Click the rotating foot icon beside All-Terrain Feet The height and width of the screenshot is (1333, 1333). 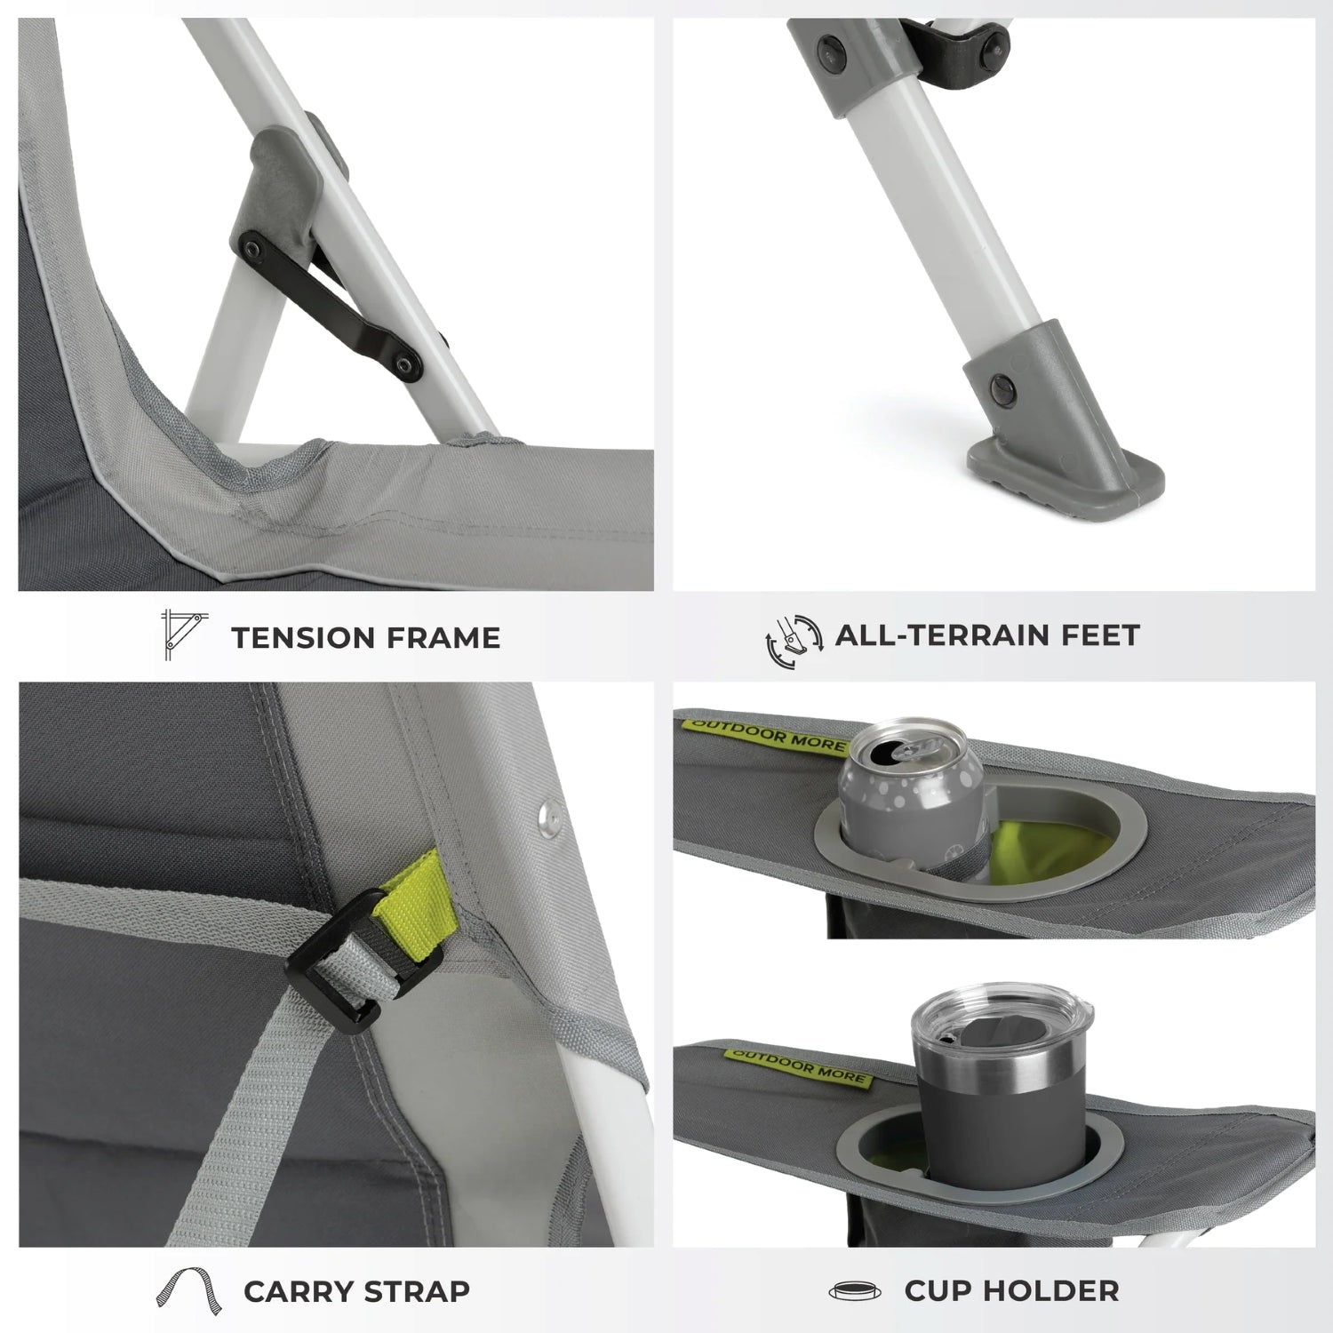(794, 641)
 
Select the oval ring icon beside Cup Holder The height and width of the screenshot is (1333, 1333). (855, 1291)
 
